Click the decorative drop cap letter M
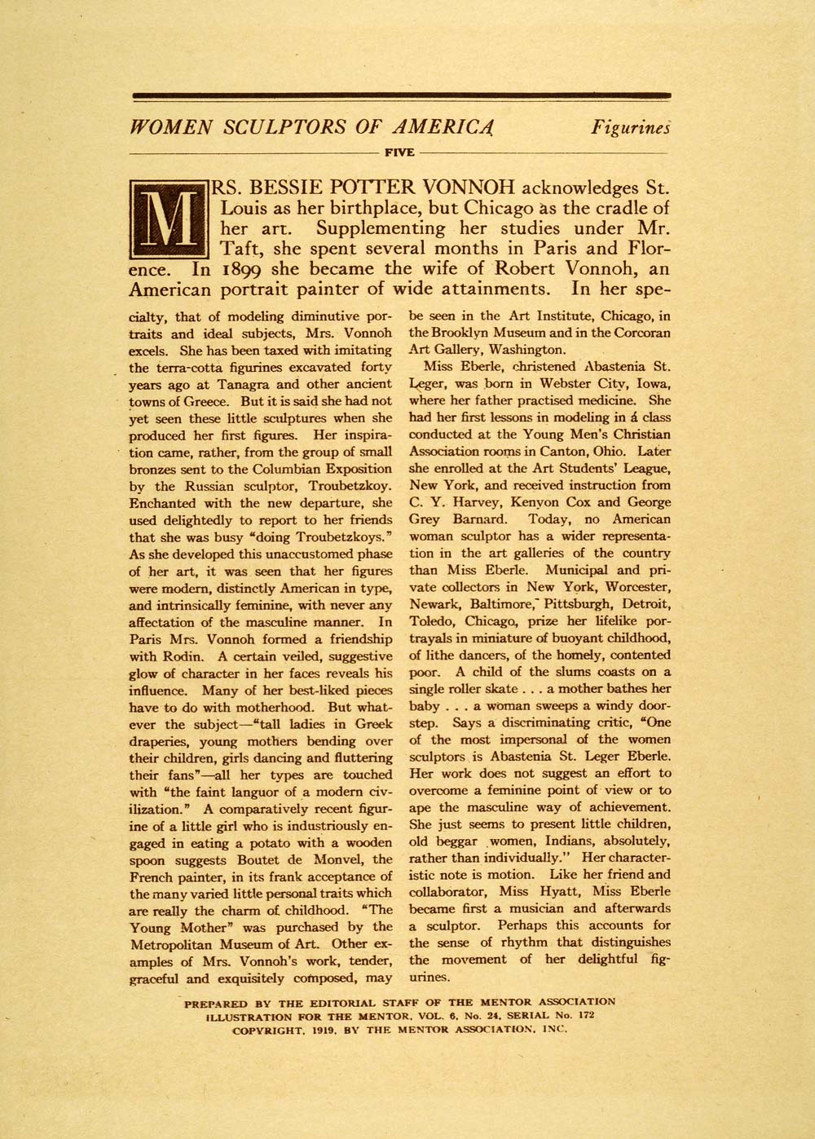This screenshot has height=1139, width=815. [170, 219]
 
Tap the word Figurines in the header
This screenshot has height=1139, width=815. [631, 128]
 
